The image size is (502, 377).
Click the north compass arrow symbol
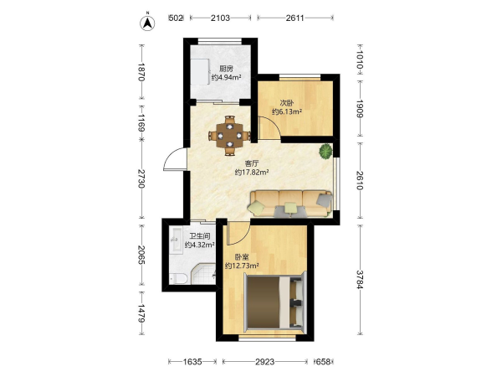click(x=147, y=23)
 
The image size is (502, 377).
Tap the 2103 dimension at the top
click(x=220, y=18)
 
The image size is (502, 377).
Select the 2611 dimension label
click(x=295, y=18)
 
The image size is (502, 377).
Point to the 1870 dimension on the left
click(x=141, y=72)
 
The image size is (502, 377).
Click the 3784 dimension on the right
click(x=360, y=280)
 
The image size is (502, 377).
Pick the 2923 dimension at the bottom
click(x=264, y=362)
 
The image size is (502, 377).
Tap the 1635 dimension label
click(x=192, y=362)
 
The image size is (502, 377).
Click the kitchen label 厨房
click(x=226, y=69)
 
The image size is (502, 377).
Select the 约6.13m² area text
click(x=287, y=111)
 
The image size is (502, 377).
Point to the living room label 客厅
click(x=252, y=163)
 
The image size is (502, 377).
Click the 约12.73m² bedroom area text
click(x=242, y=266)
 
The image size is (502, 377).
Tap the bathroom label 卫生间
click(x=200, y=236)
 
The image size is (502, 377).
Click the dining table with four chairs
click(x=229, y=136)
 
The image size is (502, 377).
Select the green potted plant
click(x=325, y=152)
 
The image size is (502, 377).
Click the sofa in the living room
click(x=290, y=204)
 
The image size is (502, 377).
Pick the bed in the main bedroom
click(x=275, y=302)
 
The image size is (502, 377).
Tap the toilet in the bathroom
click(x=178, y=278)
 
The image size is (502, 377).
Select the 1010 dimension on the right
click(x=360, y=60)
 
